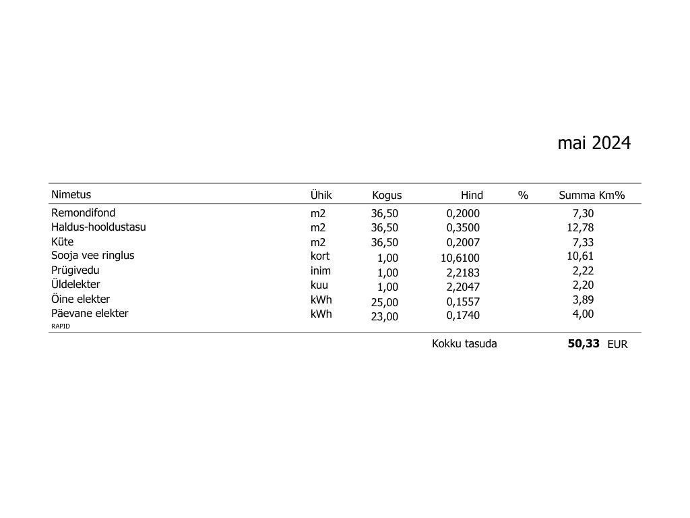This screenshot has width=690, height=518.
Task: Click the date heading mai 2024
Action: pyautogui.click(x=594, y=143)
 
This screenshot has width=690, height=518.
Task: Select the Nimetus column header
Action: pyautogui.click(x=71, y=195)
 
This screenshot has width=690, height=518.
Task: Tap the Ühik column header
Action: pyautogui.click(x=321, y=195)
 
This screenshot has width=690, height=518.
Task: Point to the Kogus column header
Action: pyautogui.click(x=387, y=196)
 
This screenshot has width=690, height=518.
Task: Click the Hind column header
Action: pyautogui.click(x=472, y=196)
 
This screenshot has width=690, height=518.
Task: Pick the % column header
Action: pyautogui.click(x=523, y=196)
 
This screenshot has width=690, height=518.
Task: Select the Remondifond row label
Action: pyautogui.click(x=84, y=213)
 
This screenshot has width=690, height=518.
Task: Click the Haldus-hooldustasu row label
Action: pyautogui.click(x=98, y=227)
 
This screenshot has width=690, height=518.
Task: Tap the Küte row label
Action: pyautogui.click(x=63, y=241)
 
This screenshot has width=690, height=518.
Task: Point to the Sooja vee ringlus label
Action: pyautogui.click(x=93, y=256)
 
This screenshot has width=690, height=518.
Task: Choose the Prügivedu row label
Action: pyautogui.click(x=75, y=270)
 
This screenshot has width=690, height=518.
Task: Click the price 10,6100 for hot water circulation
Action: pyautogui.click(x=460, y=258)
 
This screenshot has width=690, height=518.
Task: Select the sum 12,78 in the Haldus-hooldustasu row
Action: pyautogui.click(x=580, y=228)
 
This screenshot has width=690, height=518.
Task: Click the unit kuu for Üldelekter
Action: pyautogui.click(x=319, y=285)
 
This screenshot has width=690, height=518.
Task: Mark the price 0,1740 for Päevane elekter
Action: pyautogui.click(x=463, y=316)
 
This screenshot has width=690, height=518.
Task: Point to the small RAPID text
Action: pyautogui.click(x=61, y=326)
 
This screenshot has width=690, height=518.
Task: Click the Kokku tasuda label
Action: pyautogui.click(x=464, y=344)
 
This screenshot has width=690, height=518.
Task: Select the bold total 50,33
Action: pyautogui.click(x=584, y=343)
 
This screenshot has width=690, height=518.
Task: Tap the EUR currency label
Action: pyautogui.click(x=617, y=345)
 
